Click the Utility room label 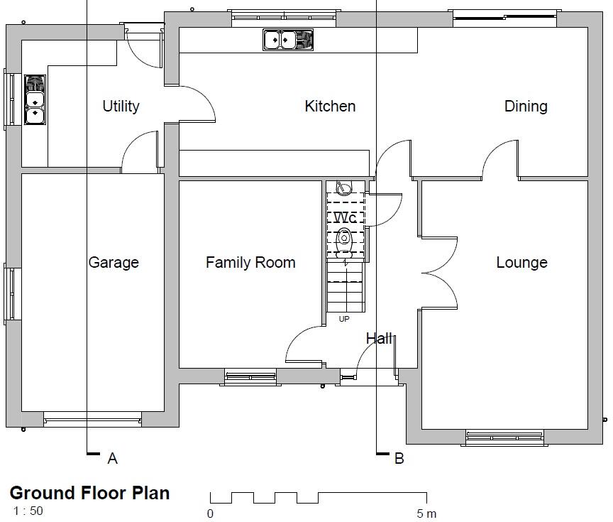pyautogui.click(x=121, y=107)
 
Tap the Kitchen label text pyautogui.click(x=330, y=107)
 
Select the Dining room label pyautogui.click(x=526, y=107)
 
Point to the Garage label pyautogui.click(x=114, y=263)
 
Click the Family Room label pyautogui.click(x=250, y=263)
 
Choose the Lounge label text pyautogui.click(x=521, y=263)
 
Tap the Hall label pyautogui.click(x=379, y=339)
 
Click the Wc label pyautogui.click(x=346, y=217)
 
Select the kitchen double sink pyautogui.click(x=287, y=40)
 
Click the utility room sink pyautogui.click(x=35, y=99)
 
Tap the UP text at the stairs pyautogui.click(x=344, y=319)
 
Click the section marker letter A pyautogui.click(x=112, y=459)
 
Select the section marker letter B pyautogui.click(x=399, y=459)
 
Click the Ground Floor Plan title pyautogui.click(x=89, y=493)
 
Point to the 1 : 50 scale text pyautogui.click(x=28, y=510)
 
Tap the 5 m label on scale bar pyautogui.click(x=426, y=513)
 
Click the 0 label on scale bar pyautogui.click(x=210, y=513)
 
